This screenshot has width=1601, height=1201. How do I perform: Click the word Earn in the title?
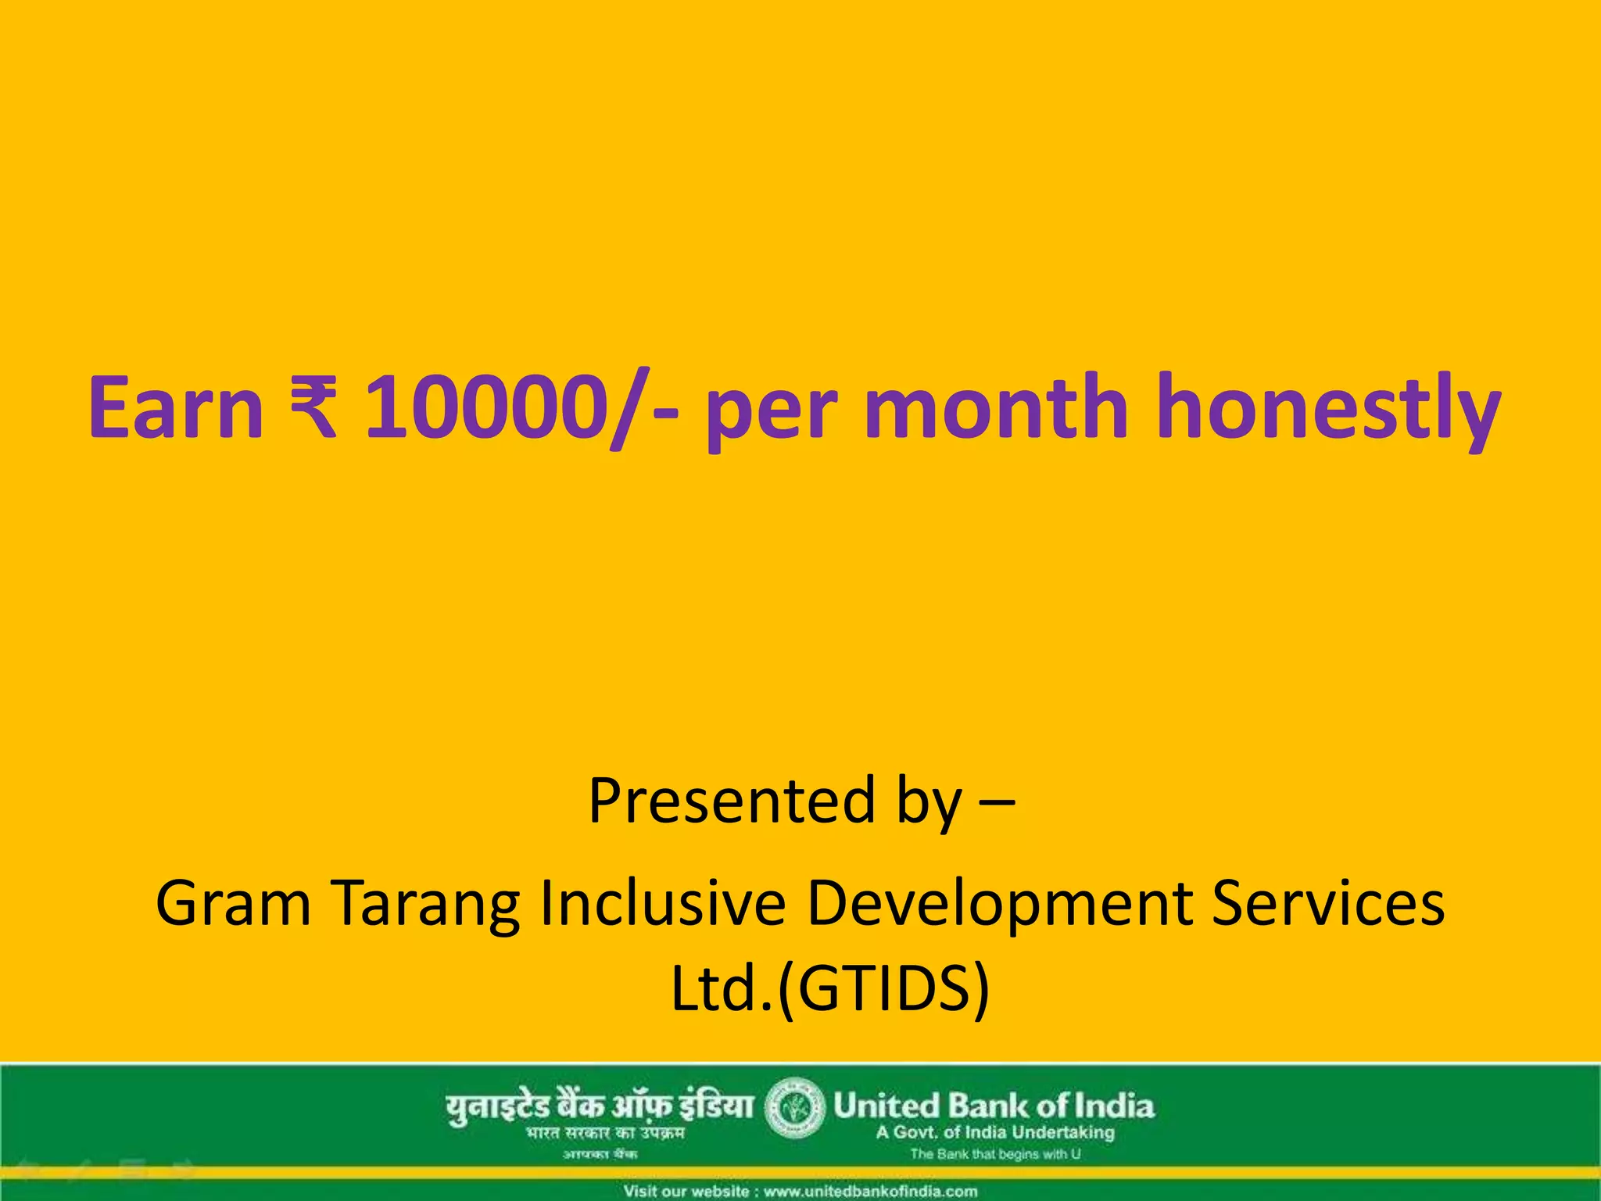176,407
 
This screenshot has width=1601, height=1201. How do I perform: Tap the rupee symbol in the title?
313,407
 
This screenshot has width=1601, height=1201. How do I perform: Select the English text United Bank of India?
994,1106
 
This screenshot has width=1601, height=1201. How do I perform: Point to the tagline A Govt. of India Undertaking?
995,1132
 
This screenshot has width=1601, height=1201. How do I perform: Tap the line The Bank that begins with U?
995,1154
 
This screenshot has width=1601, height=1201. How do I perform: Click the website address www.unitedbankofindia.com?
870,1192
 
